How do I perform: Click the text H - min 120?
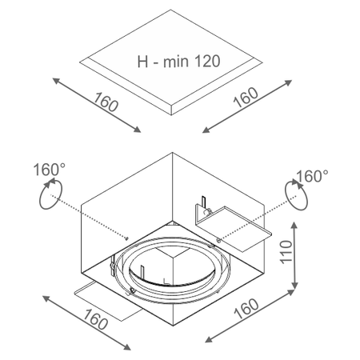[x=178, y=62]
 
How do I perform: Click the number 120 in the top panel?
[x=208, y=61]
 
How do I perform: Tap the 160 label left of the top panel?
[x=106, y=102]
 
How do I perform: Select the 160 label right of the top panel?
[x=246, y=97]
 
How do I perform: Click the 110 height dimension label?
[x=286, y=252]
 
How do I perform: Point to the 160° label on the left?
[x=50, y=170]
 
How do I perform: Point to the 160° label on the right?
[x=312, y=176]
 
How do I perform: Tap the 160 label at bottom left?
[x=95, y=319]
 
